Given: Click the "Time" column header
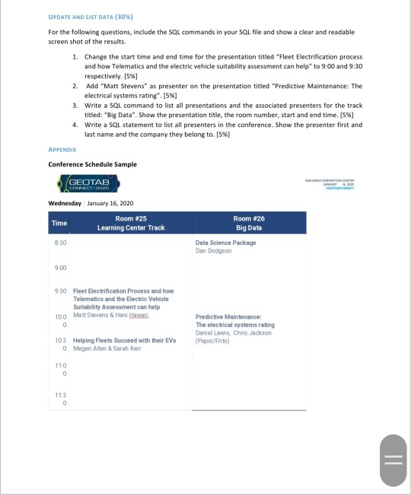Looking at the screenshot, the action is click(59, 223).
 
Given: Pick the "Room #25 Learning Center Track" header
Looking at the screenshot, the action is click(130, 223).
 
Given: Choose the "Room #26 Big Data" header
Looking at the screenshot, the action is click(249, 223).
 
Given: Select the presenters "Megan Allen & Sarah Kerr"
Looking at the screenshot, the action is click(108, 348).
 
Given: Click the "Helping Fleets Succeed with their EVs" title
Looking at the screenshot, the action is click(124, 340).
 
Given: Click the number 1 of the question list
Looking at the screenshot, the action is click(75, 58).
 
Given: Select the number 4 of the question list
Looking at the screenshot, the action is click(75, 124).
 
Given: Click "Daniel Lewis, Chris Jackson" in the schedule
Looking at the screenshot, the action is click(234, 333).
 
